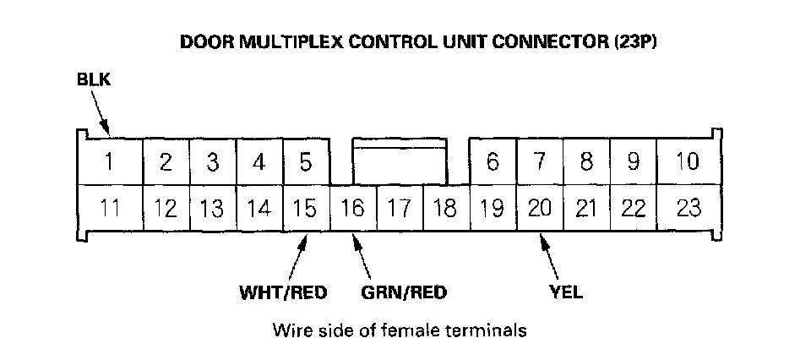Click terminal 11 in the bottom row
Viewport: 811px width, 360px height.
click(x=111, y=208)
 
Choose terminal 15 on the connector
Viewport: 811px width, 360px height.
click(x=306, y=208)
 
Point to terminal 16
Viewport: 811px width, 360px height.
click(x=353, y=208)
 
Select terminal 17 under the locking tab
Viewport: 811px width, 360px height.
click(x=400, y=208)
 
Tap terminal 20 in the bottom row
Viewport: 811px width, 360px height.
click(x=540, y=208)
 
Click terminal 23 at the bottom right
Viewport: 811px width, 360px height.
click(x=689, y=208)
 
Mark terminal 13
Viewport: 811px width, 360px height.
click(x=213, y=208)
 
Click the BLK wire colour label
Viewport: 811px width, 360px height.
click(x=93, y=81)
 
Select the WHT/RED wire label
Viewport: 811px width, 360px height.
click(x=283, y=293)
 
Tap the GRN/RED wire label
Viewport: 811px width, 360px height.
click(x=404, y=293)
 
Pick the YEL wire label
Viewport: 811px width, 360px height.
click(x=565, y=293)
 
